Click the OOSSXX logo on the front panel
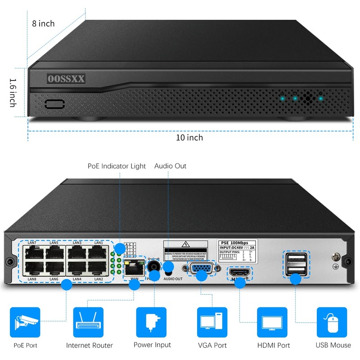(x=66, y=79)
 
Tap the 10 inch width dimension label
(x=189, y=137)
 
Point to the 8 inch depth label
(x=43, y=23)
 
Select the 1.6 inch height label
(x=13, y=93)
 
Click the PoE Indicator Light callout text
(x=117, y=166)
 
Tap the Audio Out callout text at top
(x=170, y=166)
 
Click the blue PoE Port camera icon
(x=25, y=322)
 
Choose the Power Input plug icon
(x=151, y=322)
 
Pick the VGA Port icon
(x=212, y=322)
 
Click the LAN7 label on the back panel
(x=32, y=243)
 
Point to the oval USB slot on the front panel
(x=54, y=104)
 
